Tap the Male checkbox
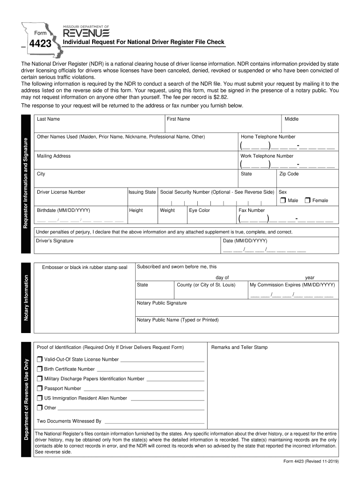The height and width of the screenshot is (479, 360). (282, 200)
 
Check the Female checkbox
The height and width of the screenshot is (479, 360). (307, 200)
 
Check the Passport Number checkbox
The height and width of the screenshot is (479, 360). (40, 388)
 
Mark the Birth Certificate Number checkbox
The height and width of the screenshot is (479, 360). (40, 369)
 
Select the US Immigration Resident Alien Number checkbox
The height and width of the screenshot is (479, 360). (40, 398)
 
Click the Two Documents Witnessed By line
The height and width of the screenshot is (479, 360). (154, 421)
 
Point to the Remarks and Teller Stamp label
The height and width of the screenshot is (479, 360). (239, 347)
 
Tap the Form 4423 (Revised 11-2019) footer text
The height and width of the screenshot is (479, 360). (310, 461)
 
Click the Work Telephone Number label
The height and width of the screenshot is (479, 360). (266, 156)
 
